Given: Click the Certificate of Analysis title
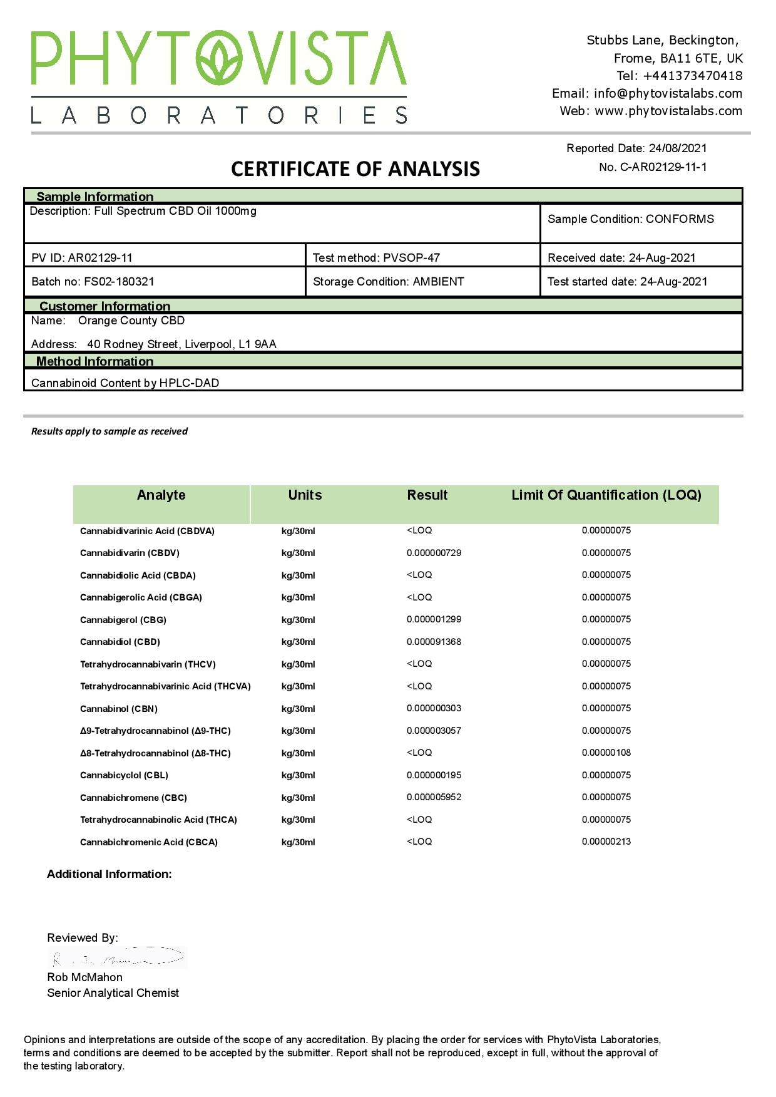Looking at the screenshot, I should [355, 169].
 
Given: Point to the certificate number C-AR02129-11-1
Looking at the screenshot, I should [663, 167].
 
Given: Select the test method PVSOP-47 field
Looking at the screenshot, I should [376, 258].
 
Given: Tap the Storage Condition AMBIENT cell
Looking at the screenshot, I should [388, 282].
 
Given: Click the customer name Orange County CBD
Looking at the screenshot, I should [131, 321].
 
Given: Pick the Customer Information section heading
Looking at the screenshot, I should [105, 306].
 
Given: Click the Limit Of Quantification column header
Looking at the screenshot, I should [606, 495].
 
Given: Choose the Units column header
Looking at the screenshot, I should [305, 495].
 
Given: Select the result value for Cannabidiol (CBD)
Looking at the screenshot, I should [434, 642].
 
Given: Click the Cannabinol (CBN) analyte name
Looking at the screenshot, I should [119, 709].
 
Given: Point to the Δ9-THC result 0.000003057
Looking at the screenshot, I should [434, 731].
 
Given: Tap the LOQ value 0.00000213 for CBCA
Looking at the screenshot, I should [606, 842].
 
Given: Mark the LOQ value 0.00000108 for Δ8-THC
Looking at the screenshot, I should [606, 753].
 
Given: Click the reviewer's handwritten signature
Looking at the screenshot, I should [118, 957].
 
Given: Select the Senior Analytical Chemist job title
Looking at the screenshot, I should [113, 993].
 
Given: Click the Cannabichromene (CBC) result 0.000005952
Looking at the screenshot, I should [434, 797].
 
